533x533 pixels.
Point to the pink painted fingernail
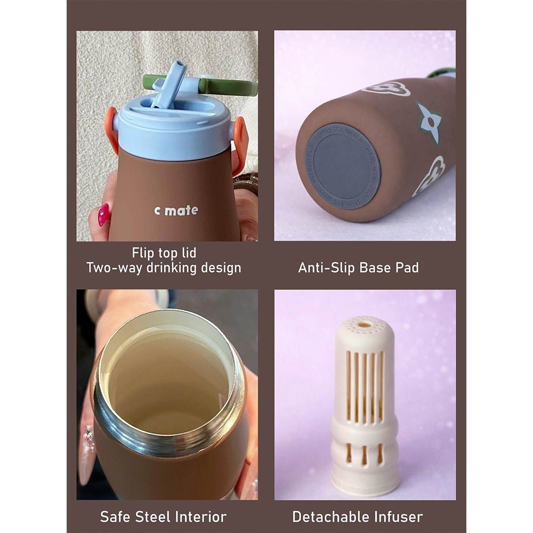103,214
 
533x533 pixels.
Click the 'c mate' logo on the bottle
176,211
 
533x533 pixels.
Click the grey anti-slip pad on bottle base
343,166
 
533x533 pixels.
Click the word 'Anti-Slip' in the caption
326,268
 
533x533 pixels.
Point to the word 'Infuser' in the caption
398,516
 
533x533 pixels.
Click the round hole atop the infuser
365,324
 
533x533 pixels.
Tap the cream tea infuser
365,405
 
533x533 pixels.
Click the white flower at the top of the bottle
387,88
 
